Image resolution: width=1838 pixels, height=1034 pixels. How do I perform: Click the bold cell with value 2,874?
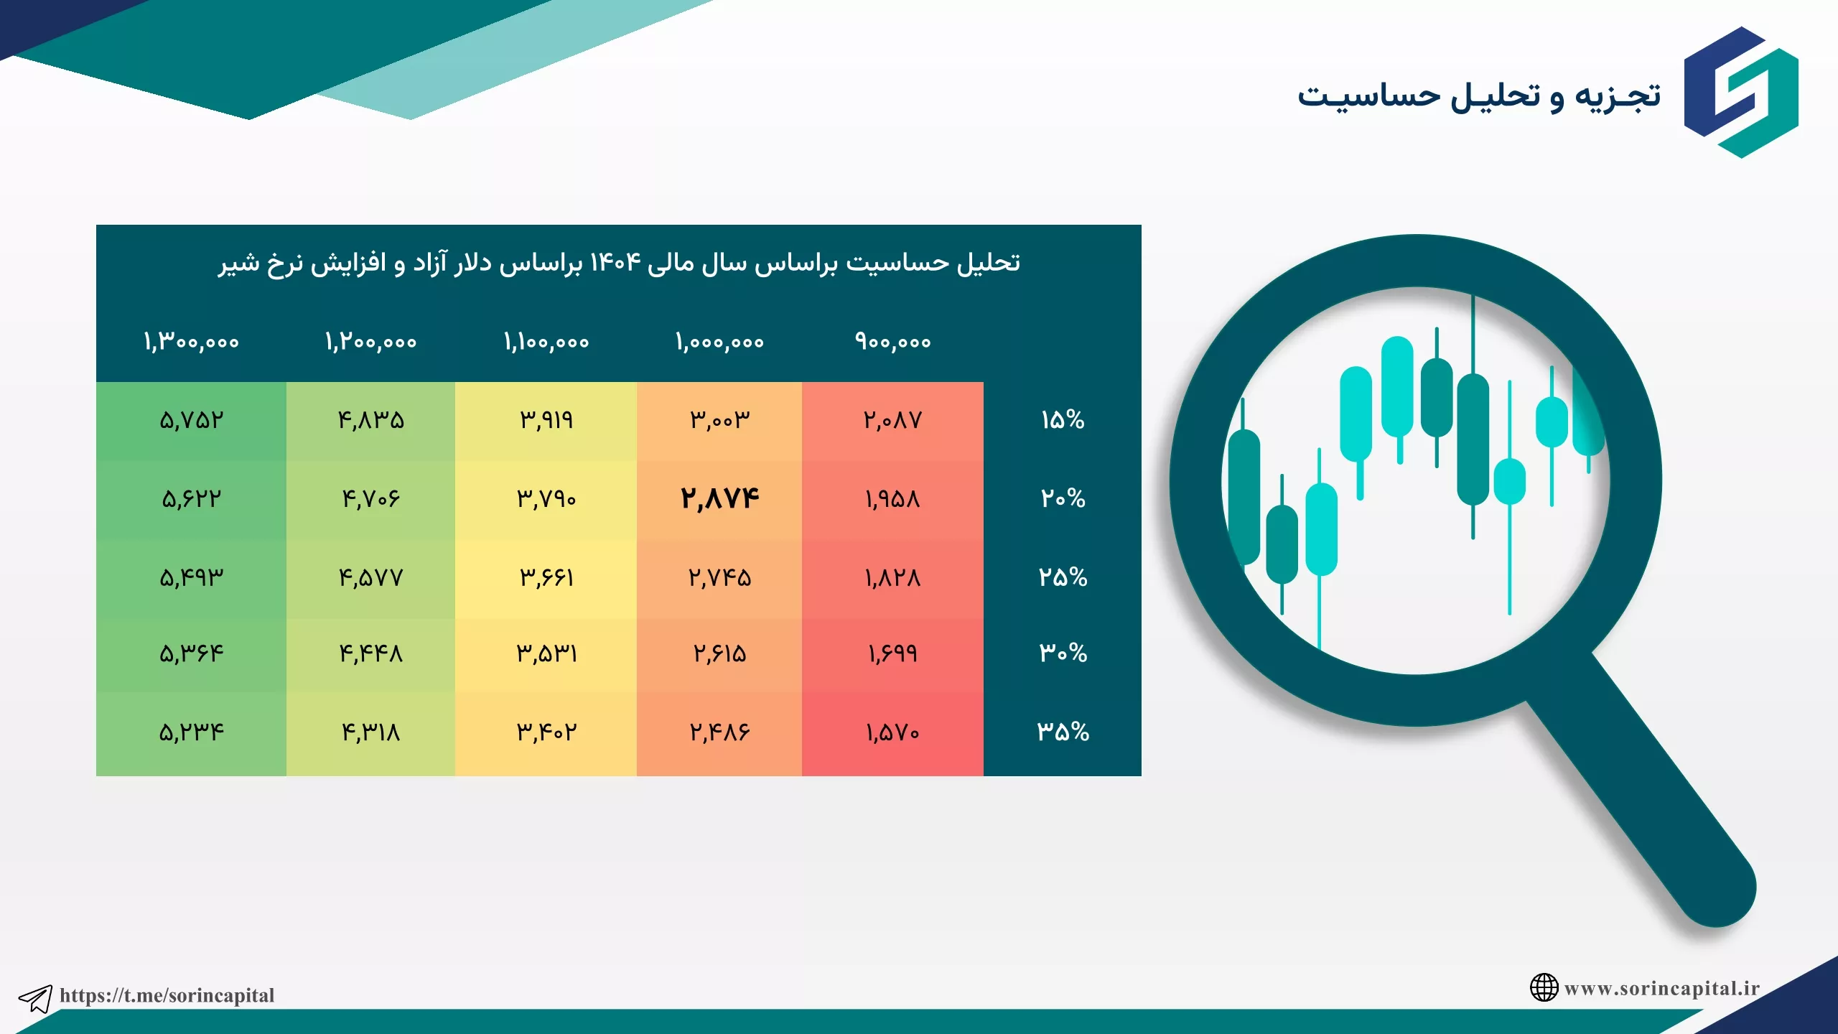click(x=719, y=498)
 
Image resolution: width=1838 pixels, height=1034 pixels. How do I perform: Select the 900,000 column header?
click(x=892, y=342)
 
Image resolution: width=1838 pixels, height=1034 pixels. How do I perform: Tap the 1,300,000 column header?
click(x=191, y=342)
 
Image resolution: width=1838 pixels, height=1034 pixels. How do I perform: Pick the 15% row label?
click(x=1063, y=419)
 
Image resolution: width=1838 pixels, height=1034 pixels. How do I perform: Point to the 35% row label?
click(x=1063, y=732)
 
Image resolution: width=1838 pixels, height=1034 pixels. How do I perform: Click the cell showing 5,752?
click(x=192, y=420)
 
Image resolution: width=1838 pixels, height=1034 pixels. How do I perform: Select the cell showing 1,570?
click(x=892, y=732)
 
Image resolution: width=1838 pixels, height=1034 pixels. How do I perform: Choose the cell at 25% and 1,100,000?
click(x=546, y=577)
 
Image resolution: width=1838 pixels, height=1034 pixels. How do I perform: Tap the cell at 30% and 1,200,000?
click(x=371, y=653)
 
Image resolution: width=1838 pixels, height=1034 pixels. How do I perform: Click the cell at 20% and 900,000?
click(x=892, y=499)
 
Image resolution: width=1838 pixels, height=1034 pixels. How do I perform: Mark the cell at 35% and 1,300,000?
click(x=192, y=732)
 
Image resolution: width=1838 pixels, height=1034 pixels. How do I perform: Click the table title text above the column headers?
click(x=619, y=263)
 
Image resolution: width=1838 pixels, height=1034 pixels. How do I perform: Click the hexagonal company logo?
click(x=1741, y=92)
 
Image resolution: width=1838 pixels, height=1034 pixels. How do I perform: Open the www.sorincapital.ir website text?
click(x=1662, y=988)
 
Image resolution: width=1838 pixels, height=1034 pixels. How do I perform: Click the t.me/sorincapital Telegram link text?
click(x=167, y=995)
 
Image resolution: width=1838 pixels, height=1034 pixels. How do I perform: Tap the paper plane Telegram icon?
click(x=35, y=998)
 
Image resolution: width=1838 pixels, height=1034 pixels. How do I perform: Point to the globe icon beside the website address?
click(x=1544, y=987)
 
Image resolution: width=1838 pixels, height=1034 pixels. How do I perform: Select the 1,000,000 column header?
click(x=719, y=342)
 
